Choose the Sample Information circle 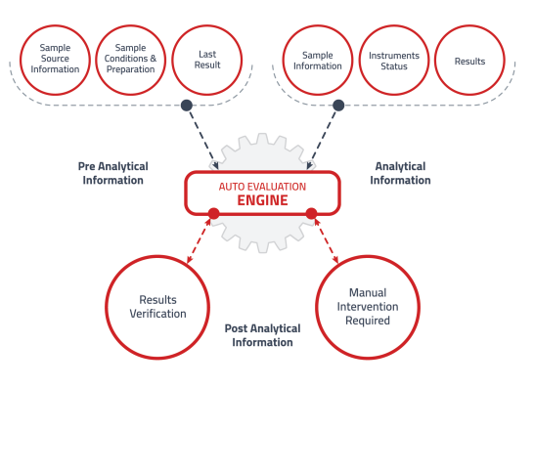click(318, 61)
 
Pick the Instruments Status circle click(394, 61)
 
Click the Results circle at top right click(469, 61)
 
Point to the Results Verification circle click(158, 307)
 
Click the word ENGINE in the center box click(262, 200)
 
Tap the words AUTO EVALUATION click(262, 186)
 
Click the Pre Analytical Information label click(112, 173)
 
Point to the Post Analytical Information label click(262, 335)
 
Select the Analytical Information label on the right click(400, 173)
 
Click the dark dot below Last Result click(187, 105)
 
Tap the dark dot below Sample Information click(338, 105)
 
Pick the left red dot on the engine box click(213, 213)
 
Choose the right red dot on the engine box click(311, 213)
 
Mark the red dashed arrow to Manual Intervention click(325, 238)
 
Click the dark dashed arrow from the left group click(203, 137)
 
